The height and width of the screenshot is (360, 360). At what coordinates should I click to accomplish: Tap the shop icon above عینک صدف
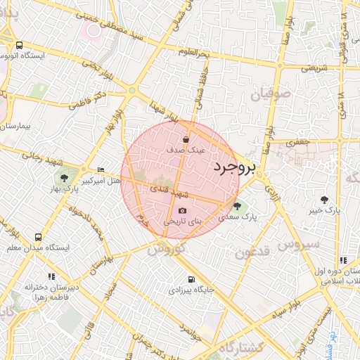point(186,139)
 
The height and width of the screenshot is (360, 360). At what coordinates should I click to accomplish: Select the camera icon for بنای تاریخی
point(183,210)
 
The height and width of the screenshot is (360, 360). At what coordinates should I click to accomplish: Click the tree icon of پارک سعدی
point(236,207)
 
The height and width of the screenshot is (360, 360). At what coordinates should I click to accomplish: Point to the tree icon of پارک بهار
point(65,178)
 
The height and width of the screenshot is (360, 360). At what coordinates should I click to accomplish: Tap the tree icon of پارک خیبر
point(324,200)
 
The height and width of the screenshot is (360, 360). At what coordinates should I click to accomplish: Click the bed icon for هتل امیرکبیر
point(101,169)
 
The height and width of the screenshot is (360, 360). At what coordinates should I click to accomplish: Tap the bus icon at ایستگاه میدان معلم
point(37,237)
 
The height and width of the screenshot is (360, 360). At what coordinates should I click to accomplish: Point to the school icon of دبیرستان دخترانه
point(51,276)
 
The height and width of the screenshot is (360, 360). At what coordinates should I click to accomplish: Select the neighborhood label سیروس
point(299,244)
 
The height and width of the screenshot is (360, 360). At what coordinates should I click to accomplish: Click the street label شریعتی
point(315,68)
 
